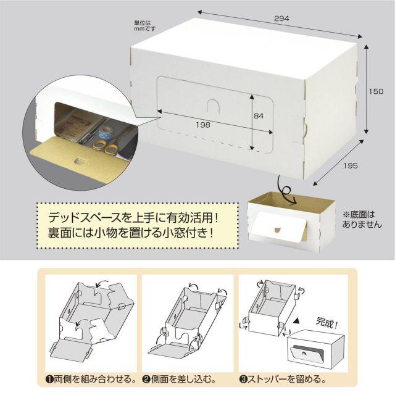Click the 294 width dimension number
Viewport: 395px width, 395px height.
(281, 19)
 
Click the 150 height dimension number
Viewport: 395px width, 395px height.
(376, 91)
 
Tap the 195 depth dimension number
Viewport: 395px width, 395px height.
(350, 165)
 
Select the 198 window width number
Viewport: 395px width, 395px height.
(203, 125)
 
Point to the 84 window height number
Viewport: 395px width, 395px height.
(259, 115)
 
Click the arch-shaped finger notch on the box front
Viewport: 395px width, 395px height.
(213, 106)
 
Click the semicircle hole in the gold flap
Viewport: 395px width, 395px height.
(80, 161)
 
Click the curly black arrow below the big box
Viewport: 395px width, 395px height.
(286, 190)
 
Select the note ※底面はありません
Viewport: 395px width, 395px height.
(362, 220)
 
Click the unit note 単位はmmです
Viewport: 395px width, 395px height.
(144, 26)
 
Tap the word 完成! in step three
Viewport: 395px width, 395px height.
(326, 323)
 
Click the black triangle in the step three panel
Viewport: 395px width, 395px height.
(297, 321)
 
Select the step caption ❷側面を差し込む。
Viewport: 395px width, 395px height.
(180, 379)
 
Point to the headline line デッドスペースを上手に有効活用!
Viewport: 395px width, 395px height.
(133, 218)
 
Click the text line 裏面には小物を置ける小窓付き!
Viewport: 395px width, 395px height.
(131, 233)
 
